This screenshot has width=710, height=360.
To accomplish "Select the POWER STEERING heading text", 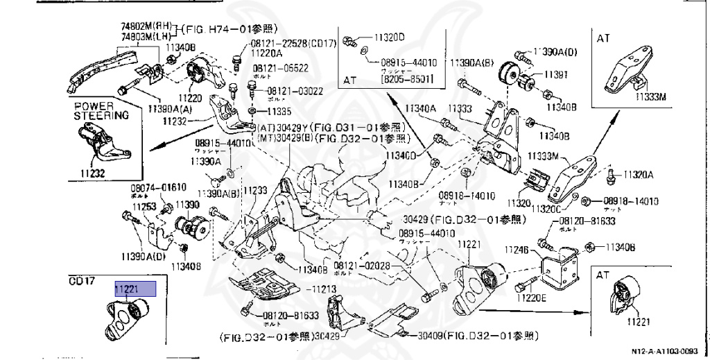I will (101, 111).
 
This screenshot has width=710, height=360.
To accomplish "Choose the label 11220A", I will (267, 53).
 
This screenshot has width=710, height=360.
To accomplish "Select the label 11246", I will (517, 249).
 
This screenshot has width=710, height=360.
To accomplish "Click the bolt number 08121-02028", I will (362, 265).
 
